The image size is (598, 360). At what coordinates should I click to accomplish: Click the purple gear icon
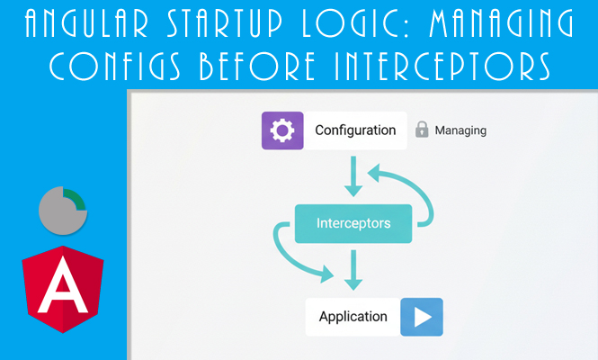(x=282, y=130)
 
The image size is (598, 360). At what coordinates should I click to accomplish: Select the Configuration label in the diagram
(x=355, y=130)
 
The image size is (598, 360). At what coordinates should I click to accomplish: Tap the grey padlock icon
(x=422, y=130)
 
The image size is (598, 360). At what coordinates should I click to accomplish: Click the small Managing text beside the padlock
(x=460, y=130)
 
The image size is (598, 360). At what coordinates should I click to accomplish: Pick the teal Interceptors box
(x=353, y=223)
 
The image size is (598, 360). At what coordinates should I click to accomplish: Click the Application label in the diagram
(x=353, y=317)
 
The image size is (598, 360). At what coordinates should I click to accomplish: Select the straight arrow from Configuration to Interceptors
(x=353, y=177)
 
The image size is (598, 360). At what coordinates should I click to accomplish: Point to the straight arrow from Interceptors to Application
(x=353, y=268)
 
